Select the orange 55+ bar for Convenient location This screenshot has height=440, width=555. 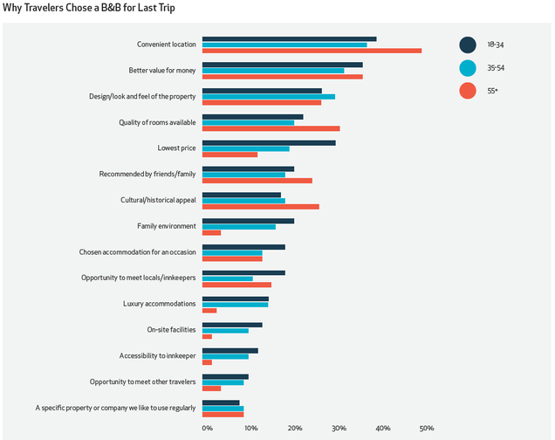[x=312, y=51]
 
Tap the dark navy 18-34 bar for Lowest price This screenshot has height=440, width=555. [x=269, y=141]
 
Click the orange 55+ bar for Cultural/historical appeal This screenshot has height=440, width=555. [x=261, y=206]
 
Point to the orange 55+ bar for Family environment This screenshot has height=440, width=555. [x=211, y=232]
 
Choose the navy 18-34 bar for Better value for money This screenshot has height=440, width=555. [x=283, y=65]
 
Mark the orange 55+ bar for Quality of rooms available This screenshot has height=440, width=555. [x=271, y=128]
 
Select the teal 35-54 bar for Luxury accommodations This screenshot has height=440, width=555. [x=236, y=304]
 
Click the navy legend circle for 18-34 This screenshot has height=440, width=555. [x=468, y=45]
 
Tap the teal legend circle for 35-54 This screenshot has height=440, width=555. [x=468, y=67]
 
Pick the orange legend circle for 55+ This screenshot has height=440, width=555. [x=468, y=90]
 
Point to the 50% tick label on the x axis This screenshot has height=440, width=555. [x=426, y=428]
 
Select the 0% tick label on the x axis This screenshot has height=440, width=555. [x=207, y=428]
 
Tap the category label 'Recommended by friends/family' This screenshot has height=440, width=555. [x=147, y=174]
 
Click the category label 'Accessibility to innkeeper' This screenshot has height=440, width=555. [x=158, y=355]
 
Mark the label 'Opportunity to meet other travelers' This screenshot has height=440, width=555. [x=143, y=382]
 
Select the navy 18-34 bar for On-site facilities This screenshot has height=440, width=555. [x=232, y=325]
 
